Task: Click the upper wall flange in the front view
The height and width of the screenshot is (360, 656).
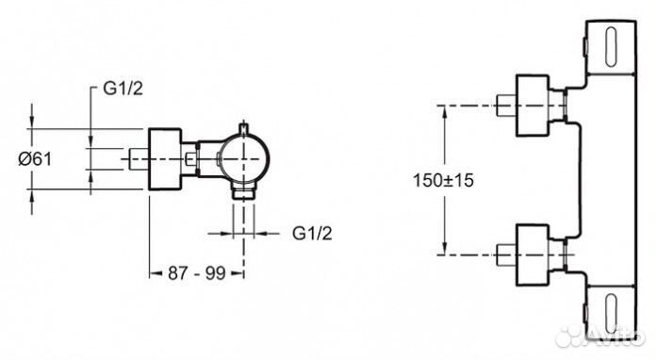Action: click(533, 104)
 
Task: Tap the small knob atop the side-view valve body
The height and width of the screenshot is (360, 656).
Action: click(245, 126)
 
